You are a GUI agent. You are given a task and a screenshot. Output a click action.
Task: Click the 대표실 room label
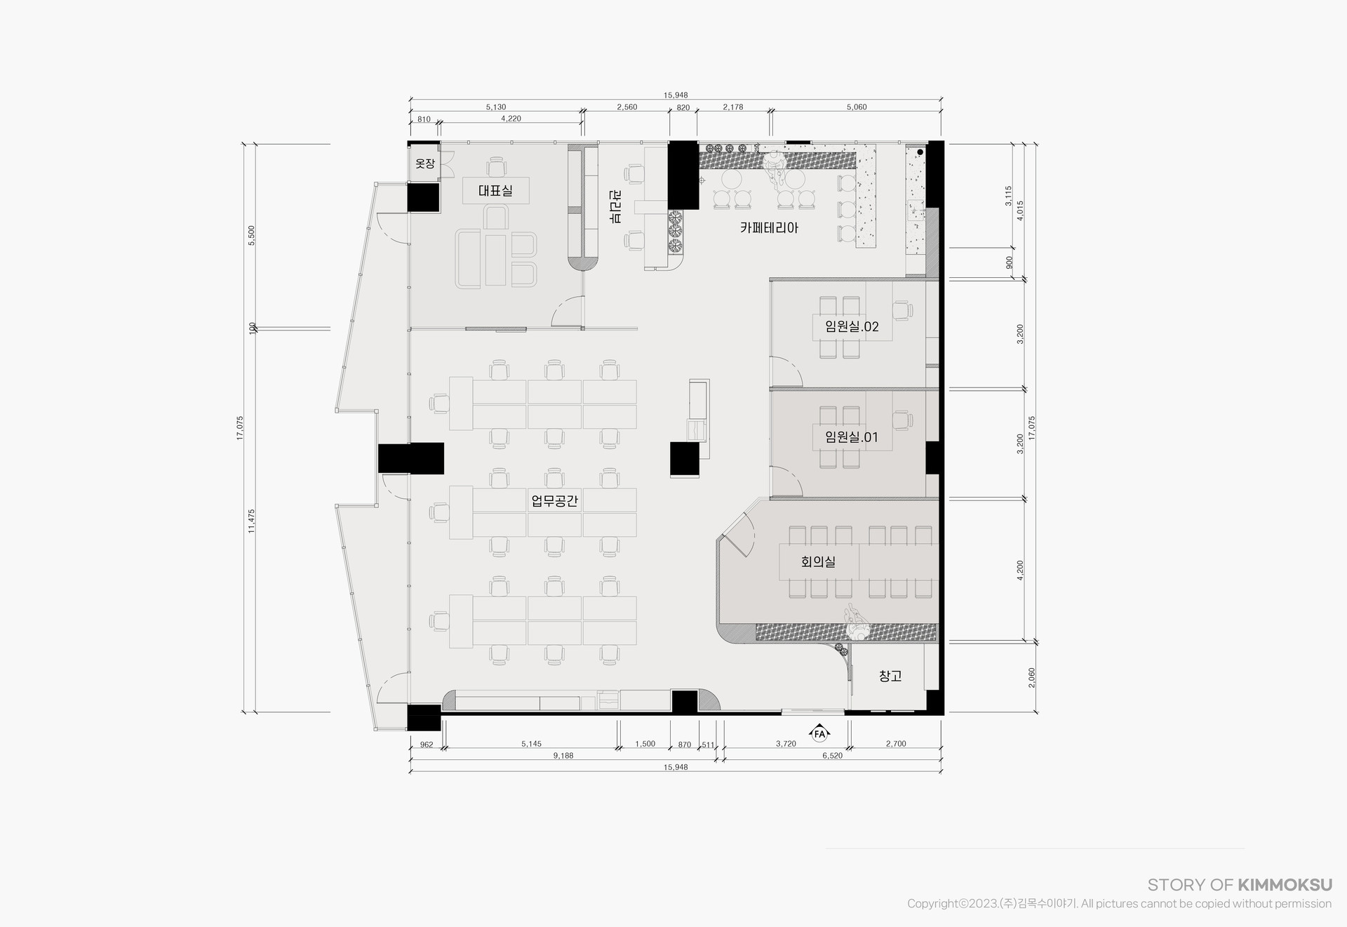click(x=495, y=190)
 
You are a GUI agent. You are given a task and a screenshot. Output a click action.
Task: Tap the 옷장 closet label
click(x=425, y=164)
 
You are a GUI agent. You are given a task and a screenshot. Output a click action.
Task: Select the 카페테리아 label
click(x=769, y=227)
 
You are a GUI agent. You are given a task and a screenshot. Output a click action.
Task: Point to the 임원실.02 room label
click(x=852, y=326)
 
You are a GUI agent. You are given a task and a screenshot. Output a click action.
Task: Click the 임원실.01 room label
click(x=852, y=437)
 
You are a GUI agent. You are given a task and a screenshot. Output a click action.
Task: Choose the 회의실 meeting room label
click(x=818, y=561)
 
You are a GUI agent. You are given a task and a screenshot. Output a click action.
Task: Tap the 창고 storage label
click(x=890, y=676)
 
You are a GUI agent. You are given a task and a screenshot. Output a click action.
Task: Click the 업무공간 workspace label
click(x=554, y=501)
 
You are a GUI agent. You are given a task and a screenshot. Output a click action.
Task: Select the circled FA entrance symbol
click(x=819, y=734)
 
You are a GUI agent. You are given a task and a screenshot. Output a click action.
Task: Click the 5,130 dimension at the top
click(x=496, y=107)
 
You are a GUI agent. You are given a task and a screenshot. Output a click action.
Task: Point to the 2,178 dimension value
click(x=733, y=107)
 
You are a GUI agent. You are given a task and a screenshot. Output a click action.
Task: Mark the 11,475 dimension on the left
click(x=251, y=521)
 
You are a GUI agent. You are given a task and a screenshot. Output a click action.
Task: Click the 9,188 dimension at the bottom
click(x=563, y=756)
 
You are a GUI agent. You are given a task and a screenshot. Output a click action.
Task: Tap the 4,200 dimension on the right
click(x=1020, y=570)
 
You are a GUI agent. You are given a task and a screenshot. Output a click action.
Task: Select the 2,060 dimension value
click(x=1031, y=677)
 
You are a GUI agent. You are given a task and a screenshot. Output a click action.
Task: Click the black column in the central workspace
click(x=685, y=460)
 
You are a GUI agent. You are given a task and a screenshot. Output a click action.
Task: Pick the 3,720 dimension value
click(x=786, y=744)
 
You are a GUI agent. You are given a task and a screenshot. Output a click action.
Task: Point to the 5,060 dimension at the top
click(x=857, y=107)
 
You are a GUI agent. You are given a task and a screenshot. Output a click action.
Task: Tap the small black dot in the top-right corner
click(x=920, y=152)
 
